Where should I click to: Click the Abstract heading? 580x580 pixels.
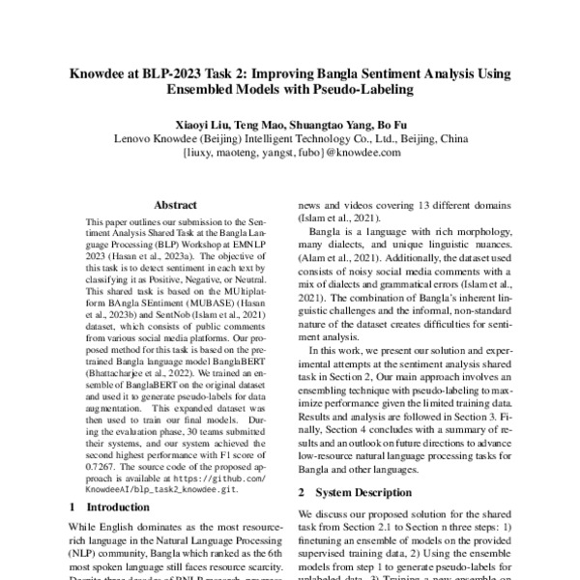[176, 205]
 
